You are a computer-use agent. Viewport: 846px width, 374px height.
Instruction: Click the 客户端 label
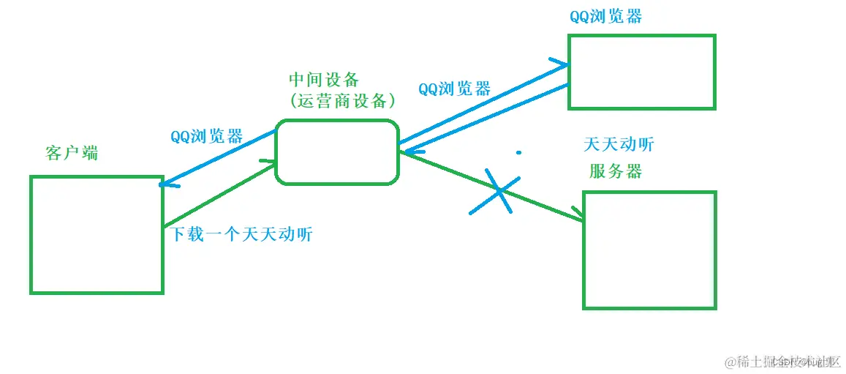coord(71,154)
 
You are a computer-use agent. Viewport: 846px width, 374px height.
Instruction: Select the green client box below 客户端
coord(96,234)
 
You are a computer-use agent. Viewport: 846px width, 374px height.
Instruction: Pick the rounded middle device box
coord(337,152)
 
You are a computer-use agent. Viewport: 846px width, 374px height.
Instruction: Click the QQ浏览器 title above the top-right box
coord(605,16)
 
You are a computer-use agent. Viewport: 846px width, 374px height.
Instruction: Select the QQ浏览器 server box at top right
coord(641,72)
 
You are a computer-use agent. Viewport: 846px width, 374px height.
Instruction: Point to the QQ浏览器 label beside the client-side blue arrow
coord(206,137)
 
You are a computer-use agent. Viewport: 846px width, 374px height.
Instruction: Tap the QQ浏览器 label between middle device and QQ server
coord(454,89)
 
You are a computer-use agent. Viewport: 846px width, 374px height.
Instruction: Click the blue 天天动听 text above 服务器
coord(619,144)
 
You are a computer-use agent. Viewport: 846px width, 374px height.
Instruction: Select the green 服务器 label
coord(616,171)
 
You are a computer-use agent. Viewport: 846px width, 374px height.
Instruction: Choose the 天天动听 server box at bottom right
coord(649,250)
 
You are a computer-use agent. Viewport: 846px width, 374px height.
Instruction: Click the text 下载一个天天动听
coord(241,235)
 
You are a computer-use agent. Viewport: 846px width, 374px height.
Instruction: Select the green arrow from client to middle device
coord(219,195)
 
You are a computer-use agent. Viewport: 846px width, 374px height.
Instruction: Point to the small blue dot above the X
coord(518,153)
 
